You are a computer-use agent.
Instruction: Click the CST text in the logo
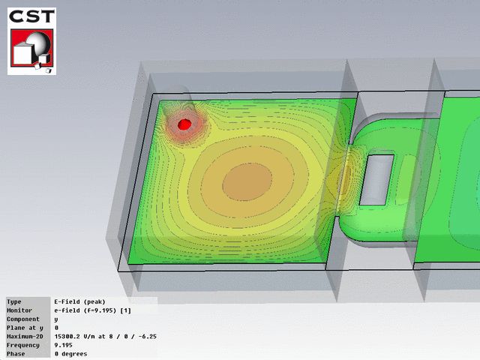[31, 16]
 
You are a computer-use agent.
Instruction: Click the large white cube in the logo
[22, 54]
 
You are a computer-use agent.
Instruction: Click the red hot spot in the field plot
[184, 124]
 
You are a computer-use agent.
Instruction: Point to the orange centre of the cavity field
[247, 181]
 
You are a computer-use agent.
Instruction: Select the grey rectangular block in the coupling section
[376, 180]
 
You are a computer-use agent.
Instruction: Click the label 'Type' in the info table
[14, 301]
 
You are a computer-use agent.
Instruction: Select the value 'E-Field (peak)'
[80, 301]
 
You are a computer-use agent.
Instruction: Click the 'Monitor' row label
[19, 310]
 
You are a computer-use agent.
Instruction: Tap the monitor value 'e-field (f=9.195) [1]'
[93, 310]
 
